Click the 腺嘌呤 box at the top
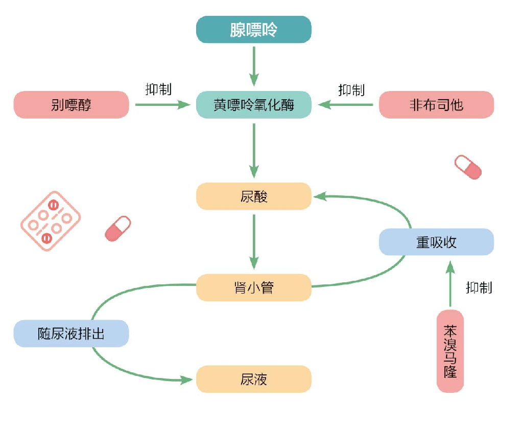[254, 30]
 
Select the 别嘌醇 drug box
[71, 105]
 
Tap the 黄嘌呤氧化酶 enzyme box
[254, 105]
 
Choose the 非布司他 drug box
[436, 105]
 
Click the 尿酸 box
[254, 196]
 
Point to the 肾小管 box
[254, 287]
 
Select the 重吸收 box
[436, 242]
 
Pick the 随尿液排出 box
[71, 333]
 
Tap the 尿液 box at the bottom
[254, 379]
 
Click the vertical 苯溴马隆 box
[450, 351]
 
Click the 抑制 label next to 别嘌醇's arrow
[158, 90]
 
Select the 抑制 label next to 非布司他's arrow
[351, 90]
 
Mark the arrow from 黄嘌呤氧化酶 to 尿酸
[254, 149]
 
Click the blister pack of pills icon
[51, 220]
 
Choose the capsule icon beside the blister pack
[117, 228]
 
